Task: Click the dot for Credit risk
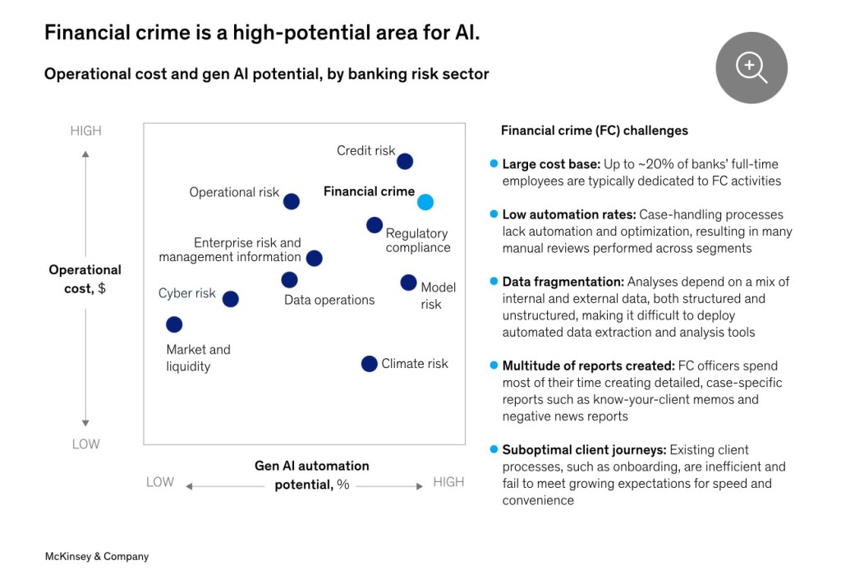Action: click(405, 162)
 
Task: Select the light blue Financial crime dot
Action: click(425, 202)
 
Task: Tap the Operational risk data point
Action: click(292, 201)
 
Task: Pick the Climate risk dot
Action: click(370, 364)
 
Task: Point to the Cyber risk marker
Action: click(231, 299)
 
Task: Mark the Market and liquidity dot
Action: click(174, 324)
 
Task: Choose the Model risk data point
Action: click(408, 283)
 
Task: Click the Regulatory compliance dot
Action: click(374, 225)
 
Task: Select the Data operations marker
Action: click(289, 280)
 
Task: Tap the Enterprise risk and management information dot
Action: click(314, 258)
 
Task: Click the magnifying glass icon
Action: click(751, 67)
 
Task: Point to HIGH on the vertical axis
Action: click(85, 131)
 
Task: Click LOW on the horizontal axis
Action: click(160, 482)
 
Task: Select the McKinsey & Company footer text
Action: click(97, 556)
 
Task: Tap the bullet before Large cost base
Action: click(494, 164)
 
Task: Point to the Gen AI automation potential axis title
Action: click(312, 475)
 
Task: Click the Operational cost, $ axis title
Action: click(85, 279)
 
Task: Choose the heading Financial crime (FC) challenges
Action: click(595, 131)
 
